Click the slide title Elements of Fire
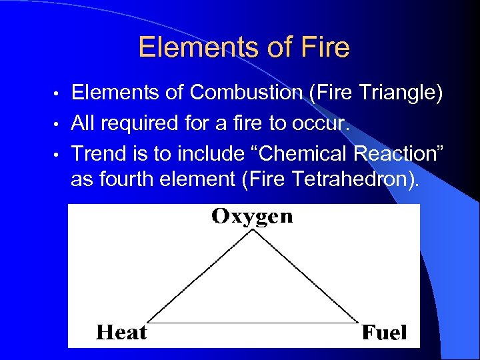(x=243, y=48)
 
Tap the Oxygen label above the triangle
(x=252, y=217)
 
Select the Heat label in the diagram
(x=122, y=332)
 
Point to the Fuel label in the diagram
(x=384, y=333)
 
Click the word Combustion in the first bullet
(x=246, y=93)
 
